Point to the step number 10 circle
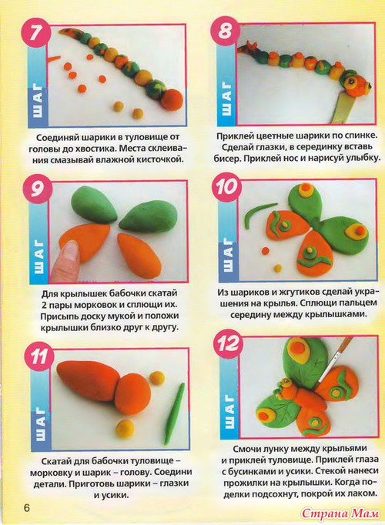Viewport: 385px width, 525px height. tap(226, 187)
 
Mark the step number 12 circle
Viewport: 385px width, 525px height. tap(229, 343)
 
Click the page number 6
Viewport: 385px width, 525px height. tap(26, 507)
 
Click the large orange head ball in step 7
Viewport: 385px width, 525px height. tap(172, 99)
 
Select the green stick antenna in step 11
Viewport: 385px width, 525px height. tap(175, 413)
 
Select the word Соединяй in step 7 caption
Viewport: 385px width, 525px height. tap(59, 138)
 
